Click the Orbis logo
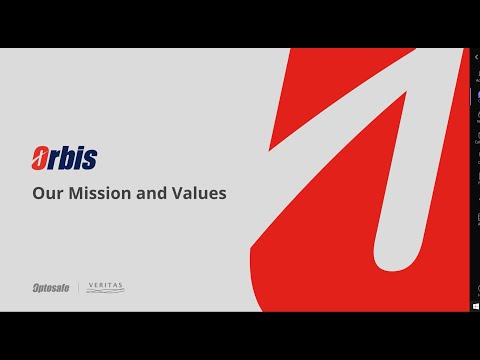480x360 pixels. pyautogui.click(x=65, y=157)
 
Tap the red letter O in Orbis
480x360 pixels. pyautogui.click(x=42, y=158)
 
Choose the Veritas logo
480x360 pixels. pyautogui.click(x=105, y=288)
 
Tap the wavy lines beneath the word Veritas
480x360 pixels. pyautogui.click(x=105, y=293)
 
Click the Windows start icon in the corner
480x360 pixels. pyautogui.click(x=474, y=305)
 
